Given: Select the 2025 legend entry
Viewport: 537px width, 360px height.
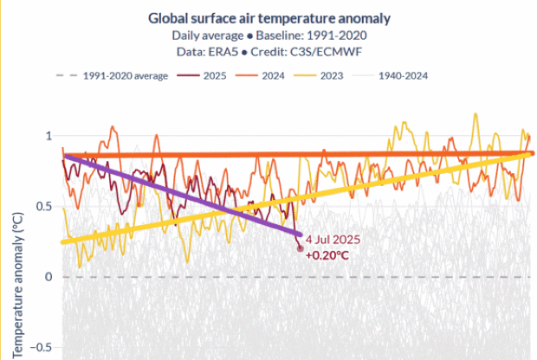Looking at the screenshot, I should pos(213,76).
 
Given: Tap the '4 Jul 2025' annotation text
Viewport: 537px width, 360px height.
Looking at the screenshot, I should pos(333,240).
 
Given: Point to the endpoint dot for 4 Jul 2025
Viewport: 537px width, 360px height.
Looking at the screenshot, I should pos(301,248).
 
